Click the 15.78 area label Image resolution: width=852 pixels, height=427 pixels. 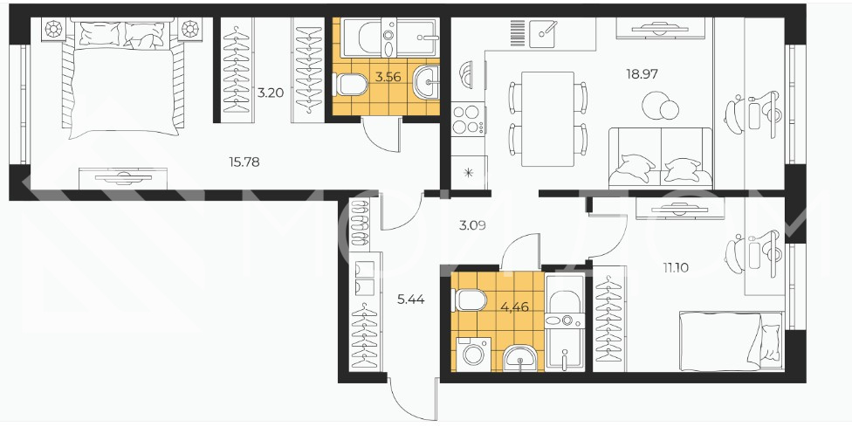point(244,162)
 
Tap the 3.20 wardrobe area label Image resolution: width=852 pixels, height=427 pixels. point(271,93)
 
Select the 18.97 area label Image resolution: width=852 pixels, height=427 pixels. point(642,74)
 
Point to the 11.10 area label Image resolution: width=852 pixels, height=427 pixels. point(676,267)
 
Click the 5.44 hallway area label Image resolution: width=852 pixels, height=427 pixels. point(411,300)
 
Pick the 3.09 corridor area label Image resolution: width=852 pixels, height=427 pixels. point(472,225)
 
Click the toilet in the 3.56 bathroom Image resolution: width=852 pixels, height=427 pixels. point(350,85)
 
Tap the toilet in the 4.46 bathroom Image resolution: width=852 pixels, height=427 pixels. point(471,300)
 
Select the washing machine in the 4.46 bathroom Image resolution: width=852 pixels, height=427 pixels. point(473,355)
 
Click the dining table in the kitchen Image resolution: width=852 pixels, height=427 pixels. point(547,119)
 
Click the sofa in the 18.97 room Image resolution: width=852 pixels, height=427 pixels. point(660,158)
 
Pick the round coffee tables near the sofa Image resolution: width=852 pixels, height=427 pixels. point(660,106)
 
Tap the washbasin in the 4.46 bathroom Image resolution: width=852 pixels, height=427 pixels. point(520,359)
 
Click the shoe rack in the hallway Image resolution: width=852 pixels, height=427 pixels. point(359,224)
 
